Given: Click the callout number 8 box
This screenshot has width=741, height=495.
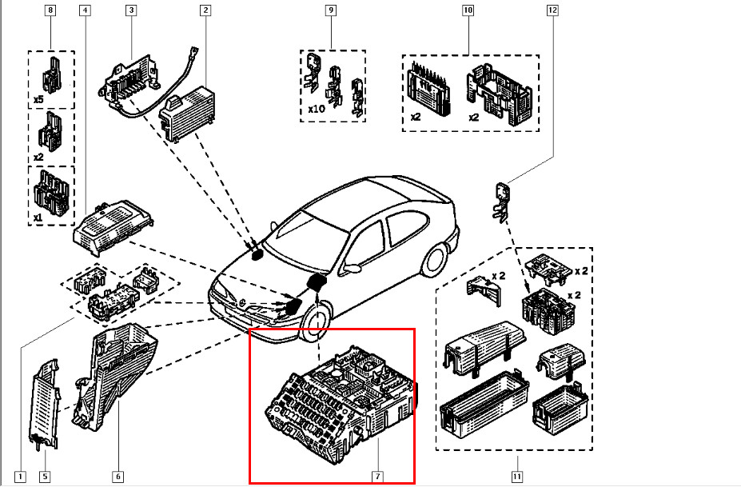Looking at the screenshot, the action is pyautogui.click(x=50, y=10).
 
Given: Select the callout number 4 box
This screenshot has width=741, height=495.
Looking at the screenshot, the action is pyautogui.click(x=85, y=10).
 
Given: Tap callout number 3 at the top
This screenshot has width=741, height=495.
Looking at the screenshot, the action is pyautogui.click(x=131, y=10).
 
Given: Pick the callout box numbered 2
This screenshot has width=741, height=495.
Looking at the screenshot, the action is pyautogui.click(x=205, y=10).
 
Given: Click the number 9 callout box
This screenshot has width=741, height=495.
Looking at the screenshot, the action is pyautogui.click(x=331, y=10).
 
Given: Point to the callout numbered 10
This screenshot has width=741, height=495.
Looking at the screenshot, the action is pyautogui.click(x=468, y=10).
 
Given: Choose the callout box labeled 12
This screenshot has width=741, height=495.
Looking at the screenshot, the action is pyautogui.click(x=552, y=10).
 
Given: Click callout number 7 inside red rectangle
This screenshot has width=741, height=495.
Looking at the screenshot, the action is pyautogui.click(x=377, y=477).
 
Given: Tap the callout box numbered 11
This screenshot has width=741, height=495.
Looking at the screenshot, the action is pyautogui.click(x=517, y=477).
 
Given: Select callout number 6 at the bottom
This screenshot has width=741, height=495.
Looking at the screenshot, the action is pyautogui.click(x=118, y=477).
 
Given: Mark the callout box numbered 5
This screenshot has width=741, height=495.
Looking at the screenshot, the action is pyautogui.click(x=45, y=477).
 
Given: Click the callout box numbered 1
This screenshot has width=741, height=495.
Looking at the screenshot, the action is pyautogui.click(x=20, y=477).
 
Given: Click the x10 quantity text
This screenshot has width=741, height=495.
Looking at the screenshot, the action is pyautogui.click(x=317, y=109).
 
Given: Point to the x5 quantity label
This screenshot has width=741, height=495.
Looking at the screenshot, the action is pyautogui.click(x=38, y=100).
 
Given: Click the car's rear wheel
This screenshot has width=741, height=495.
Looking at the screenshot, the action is pyautogui.click(x=434, y=261).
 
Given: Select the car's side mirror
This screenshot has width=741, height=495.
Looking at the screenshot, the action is pyautogui.click(x=352, y=269).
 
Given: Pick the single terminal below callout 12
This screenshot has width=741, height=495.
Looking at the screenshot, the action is pyautogui.click(x=501, y=203).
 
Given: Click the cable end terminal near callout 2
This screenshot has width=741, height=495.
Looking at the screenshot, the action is pyautogui.click(x=193, y=51).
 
